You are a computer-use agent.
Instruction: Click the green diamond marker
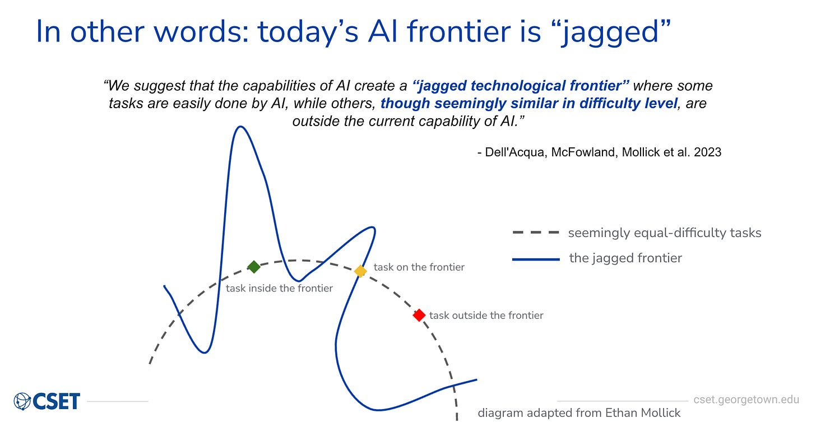pos(254,267)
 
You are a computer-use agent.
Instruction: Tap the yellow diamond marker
pos(360,271)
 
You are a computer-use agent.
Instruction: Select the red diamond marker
pos(419,315)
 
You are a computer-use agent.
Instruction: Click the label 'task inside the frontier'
pos(279,288)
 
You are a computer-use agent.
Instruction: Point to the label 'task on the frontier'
pos(419,267)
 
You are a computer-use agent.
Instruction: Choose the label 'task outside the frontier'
pos(486,315)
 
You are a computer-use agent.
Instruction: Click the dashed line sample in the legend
pos(536,232)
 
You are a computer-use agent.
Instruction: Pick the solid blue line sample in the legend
pos(536,259)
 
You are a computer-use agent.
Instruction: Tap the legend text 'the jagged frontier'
pos(625,258)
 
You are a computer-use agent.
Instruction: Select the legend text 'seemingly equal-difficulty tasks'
pos(665,233)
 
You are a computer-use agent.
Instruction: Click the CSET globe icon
pos(22,401)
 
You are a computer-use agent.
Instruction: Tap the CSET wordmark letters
pos(57,401)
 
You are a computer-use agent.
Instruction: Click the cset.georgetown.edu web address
pos(746,400)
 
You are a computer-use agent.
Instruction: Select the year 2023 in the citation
pos(707,152)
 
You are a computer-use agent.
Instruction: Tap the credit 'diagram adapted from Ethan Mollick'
pos(579,413)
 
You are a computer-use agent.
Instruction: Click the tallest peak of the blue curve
pos(240,127)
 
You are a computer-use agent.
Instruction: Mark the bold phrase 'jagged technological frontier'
pos(521,86)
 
